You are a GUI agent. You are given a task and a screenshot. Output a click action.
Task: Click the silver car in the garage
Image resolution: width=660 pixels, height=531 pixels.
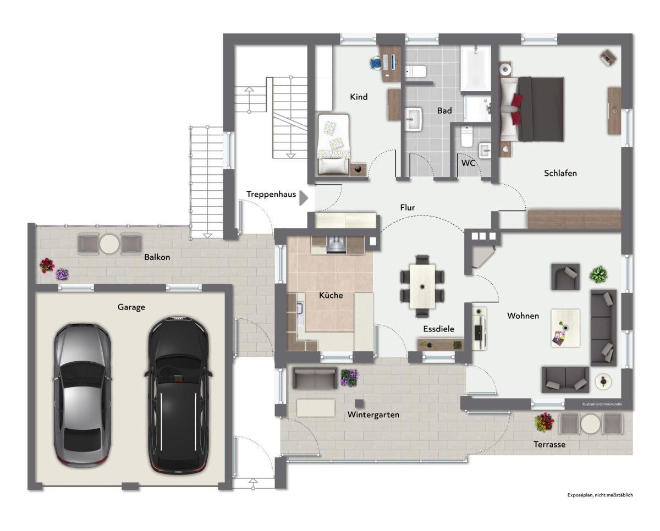82,395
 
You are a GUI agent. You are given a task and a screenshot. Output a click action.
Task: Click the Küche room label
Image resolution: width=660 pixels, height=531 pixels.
331,295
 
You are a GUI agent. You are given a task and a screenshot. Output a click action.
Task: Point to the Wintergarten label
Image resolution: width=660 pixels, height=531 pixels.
373,415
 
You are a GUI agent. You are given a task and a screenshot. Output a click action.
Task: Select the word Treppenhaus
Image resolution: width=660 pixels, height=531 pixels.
271,195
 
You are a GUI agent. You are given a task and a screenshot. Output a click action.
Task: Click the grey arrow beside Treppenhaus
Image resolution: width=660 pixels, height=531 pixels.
304,198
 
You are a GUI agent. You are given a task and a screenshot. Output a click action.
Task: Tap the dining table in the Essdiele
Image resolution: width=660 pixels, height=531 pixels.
422,286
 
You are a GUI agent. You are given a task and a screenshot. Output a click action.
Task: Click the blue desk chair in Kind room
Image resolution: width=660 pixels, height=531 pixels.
376,63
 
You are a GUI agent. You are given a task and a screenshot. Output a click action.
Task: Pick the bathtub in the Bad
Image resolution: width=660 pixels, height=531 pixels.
476,68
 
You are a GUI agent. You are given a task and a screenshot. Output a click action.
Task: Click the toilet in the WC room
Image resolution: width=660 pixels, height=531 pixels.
467,137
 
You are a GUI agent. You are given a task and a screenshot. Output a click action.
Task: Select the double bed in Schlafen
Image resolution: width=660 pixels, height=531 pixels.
532,109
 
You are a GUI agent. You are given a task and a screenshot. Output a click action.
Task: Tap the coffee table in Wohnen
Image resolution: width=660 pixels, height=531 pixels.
565,328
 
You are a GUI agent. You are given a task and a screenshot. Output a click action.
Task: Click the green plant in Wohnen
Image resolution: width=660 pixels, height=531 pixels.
598,274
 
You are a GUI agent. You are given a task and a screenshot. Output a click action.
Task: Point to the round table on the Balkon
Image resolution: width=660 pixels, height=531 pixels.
109,244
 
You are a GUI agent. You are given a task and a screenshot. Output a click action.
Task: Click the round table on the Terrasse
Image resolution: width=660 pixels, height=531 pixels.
590,424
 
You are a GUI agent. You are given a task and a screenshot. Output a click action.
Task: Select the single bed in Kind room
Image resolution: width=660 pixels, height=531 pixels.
333,145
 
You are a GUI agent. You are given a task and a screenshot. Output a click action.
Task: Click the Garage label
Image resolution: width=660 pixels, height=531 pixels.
131,307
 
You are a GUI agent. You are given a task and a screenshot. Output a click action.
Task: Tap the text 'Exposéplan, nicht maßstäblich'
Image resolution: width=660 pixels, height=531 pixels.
600,504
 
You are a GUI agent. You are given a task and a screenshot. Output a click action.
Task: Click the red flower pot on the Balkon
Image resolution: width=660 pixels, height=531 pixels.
47,265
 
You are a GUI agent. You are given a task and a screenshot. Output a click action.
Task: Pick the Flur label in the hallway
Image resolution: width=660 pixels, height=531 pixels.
408,208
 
